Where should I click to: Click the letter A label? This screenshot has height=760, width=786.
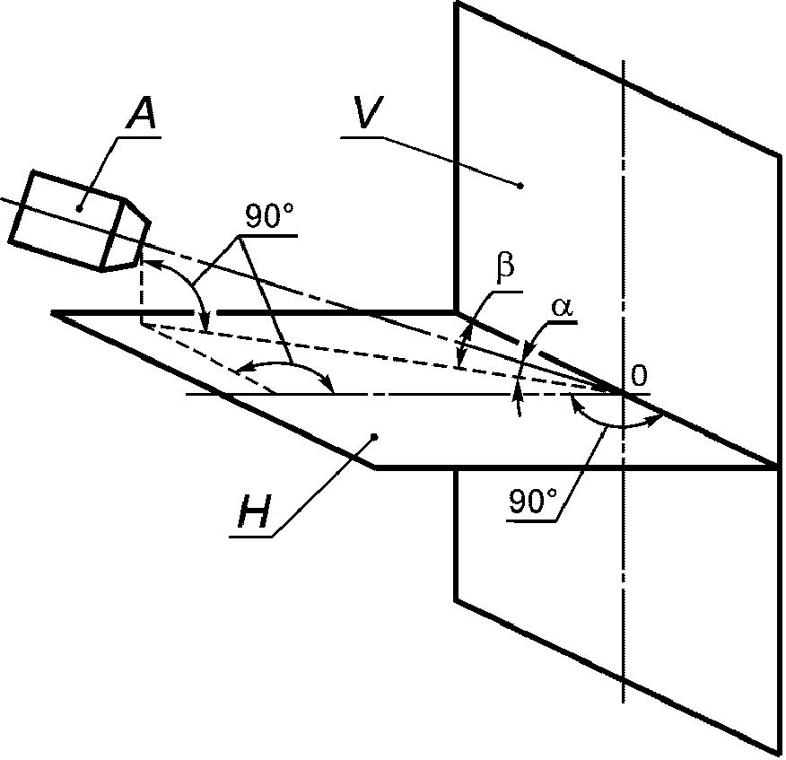(x=143, y=112)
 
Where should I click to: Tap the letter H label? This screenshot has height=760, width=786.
(x=254, y=511)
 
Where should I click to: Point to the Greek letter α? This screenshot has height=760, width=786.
(x=562, y=307)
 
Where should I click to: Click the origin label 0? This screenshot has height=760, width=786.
(x=638, y=375)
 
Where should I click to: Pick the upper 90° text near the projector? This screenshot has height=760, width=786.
(x=269, y=216)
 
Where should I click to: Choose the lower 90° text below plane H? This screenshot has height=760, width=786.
(x=533, y=502)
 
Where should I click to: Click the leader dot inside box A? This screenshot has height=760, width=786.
(x=79, y=208)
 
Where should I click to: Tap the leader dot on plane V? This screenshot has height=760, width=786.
(x=520, y=186)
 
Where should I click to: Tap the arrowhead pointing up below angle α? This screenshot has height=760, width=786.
(x=519, y=396)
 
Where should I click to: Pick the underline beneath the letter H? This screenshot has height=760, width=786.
(x=251, y=537)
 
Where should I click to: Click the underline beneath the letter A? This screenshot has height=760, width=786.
(x=139, y=136)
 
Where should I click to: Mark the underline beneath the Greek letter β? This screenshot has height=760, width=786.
(x=510, y=290)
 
